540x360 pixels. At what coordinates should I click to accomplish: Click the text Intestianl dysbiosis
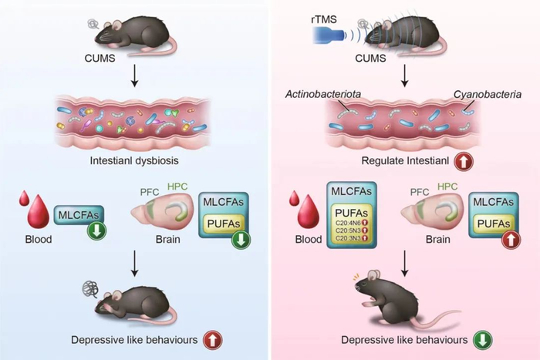pyautogui.click(x=135, y=162)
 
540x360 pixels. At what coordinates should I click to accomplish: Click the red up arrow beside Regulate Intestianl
pyautogui.click(x=464, y=163)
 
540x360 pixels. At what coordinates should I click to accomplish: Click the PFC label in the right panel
pyautogui.click(x=418, y=191)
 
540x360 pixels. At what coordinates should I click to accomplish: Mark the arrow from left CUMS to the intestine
pyautogui.click(x=134, y=75)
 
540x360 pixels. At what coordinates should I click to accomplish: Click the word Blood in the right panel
pyautogui.click(x=309, y=239)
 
